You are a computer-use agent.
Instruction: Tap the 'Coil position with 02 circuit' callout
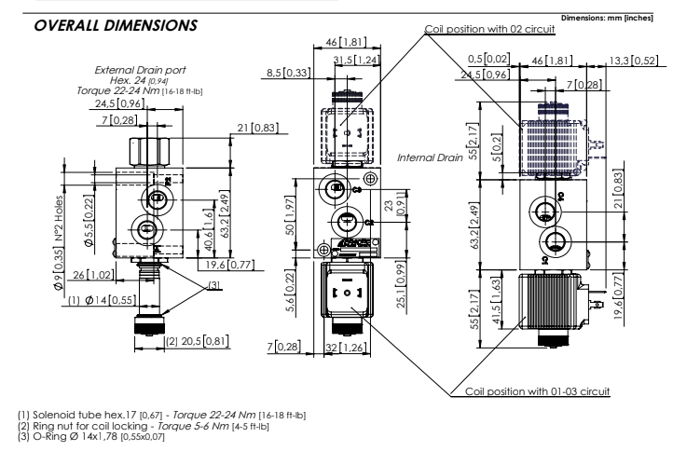[x=489, y=29]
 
